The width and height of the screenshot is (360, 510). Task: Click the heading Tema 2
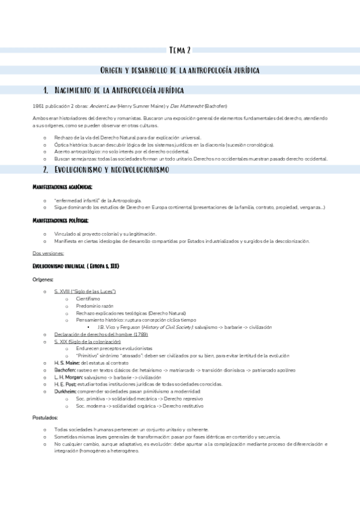pyautogui.click(x=180, y=51)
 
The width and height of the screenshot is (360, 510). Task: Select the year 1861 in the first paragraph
pyautogui.click(x=38, y=105)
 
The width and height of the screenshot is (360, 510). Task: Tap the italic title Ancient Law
pyautogui.click(x=102, y=105)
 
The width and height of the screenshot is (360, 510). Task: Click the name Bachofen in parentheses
pyautogui.click(x=218, y=105)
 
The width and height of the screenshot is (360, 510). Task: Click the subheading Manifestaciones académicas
pyautogui.click(x=63, y=188)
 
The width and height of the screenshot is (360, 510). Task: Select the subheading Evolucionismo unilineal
pyautogui.click(x=75, y=265)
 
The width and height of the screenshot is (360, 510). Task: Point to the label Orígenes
pyautogui.click(x=43, y=280)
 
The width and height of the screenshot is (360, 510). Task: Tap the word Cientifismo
pyautogui.click(x=88, y=298)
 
